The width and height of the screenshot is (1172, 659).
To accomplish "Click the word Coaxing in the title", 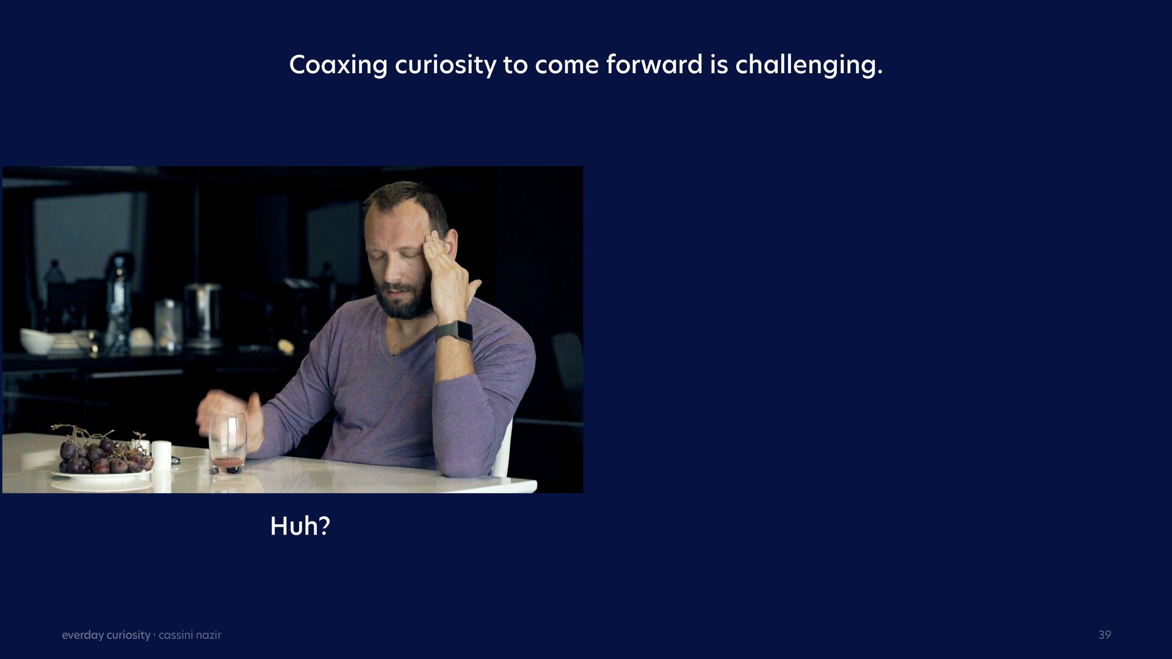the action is [x=338, y=65].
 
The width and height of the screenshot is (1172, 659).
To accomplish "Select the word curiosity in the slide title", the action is [x=446, y=65].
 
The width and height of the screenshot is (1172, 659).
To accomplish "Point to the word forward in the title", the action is [x=654, y=64].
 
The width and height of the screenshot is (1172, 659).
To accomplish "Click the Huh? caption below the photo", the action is [x=300, y=526].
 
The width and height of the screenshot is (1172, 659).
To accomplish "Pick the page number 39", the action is [x=1105, y=635].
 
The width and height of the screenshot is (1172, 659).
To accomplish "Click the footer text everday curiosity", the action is [x=106, y=635].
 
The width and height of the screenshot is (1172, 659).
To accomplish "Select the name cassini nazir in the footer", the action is [x=190, y=635].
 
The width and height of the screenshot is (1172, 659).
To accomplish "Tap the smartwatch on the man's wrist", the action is [x=455, y=332].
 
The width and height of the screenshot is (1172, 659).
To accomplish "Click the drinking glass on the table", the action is [x=228, y=442].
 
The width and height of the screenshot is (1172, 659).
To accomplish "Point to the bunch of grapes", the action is [x=101, y=452].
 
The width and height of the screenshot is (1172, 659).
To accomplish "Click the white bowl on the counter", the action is [x=37, y=340].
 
